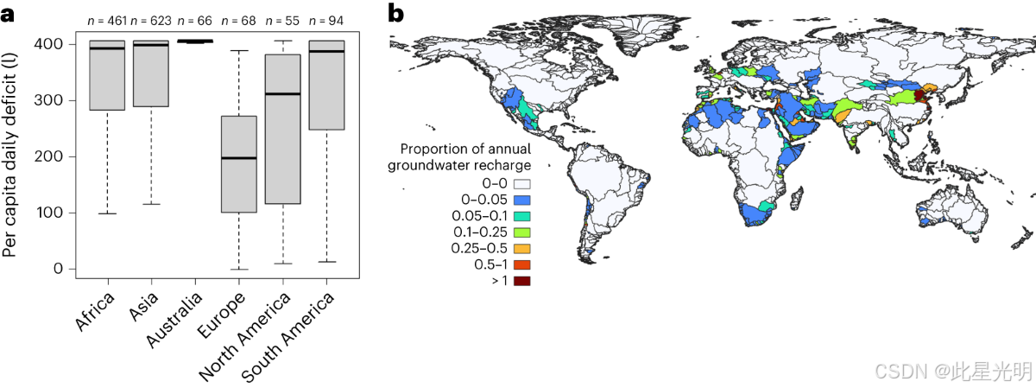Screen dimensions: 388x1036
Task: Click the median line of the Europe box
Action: coord(239,158)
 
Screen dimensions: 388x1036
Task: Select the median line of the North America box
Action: coord(282,93)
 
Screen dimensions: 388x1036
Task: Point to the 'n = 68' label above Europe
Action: coord(238,18)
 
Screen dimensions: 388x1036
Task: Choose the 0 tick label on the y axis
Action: coord(58,269)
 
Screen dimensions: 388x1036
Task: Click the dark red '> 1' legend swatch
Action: coord(521,281)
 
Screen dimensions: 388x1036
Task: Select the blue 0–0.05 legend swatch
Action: coord(521,200)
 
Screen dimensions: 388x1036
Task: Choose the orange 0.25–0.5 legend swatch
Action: coord(521,249)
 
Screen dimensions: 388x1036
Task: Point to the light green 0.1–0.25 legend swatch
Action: coord(521,232)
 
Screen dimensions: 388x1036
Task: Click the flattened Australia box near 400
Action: coord(195,41)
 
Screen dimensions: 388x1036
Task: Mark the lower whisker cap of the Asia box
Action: coord(151,204)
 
